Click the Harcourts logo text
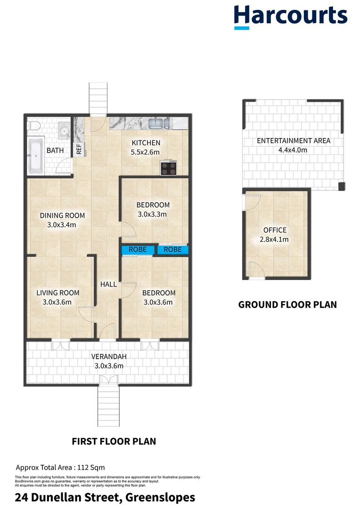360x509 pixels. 290,15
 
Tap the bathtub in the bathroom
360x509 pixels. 35,155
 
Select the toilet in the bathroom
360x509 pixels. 32,125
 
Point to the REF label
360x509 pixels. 79,149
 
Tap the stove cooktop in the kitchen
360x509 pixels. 169,167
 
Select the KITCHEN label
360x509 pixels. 146,143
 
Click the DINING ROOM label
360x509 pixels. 62,216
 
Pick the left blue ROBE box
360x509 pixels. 138,250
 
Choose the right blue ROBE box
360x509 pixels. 173,250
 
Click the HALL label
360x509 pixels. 108,285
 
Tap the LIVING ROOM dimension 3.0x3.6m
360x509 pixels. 57,302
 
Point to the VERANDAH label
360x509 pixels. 109,356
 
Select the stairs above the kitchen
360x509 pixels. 98,99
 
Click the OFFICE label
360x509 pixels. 275,230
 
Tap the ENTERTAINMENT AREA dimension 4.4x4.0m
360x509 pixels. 293,150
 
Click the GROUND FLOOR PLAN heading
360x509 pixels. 287,304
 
